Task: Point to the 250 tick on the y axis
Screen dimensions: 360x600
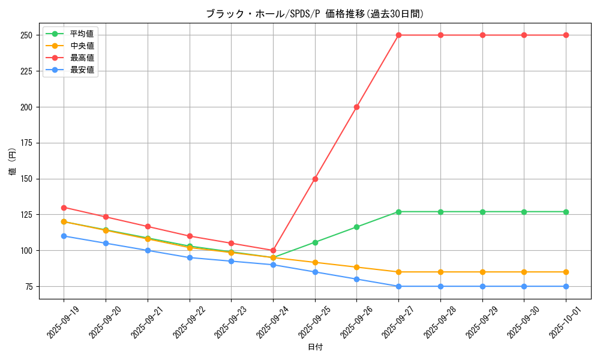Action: click(26, 35)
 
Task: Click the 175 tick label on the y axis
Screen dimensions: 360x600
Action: click(26, 143)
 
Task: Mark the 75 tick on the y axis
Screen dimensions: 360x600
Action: click(28, 286)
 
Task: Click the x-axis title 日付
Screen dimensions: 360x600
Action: click(315, 347)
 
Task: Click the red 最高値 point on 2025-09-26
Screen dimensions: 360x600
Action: click(357, 107)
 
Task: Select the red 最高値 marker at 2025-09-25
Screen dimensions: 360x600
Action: click(315, 179)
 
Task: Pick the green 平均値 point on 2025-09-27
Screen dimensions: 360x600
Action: click(398, 212)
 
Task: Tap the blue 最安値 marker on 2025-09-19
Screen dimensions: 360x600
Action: click(64, 236)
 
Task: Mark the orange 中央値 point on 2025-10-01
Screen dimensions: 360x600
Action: click(566, 272)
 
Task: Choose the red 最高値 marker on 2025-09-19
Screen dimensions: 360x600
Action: click(64, 208)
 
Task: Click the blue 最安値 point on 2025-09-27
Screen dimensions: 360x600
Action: click(398, 286)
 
